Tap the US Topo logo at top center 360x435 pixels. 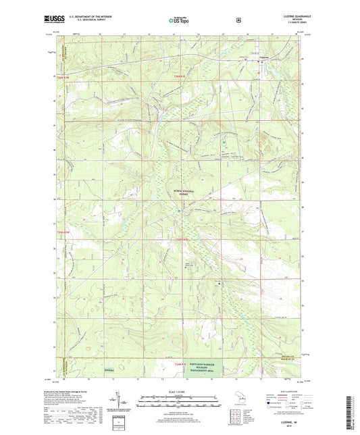[x=179, y=20]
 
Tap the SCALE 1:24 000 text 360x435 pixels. [x=179, y=392]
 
